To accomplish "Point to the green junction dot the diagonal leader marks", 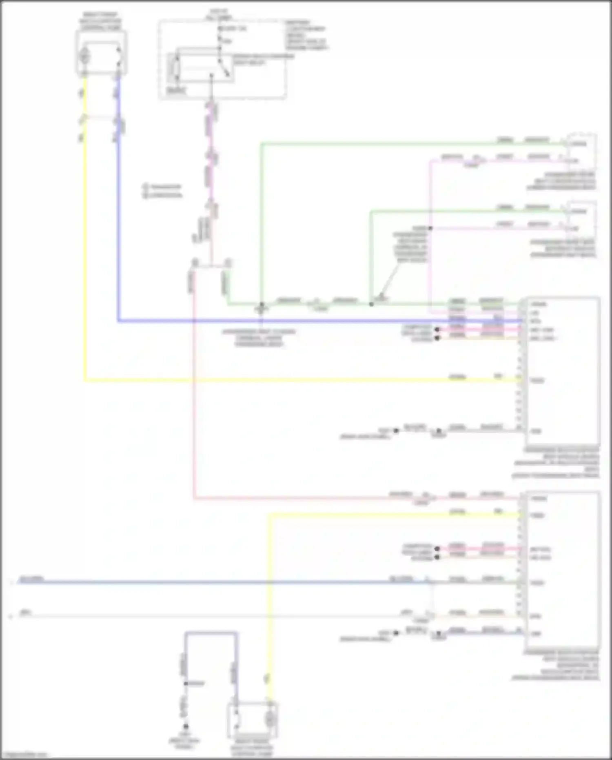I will [371, 304].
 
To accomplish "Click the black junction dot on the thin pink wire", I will [430, 228].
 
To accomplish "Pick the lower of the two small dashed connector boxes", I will [581, 217].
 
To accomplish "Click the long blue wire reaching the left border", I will [204, 582].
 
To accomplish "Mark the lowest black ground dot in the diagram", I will [186, 727].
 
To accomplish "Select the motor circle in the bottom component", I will [270, 720].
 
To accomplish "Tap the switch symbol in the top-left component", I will [118, 55].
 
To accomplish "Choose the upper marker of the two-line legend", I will [145, 187].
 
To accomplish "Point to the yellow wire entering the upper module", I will [286, 381].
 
